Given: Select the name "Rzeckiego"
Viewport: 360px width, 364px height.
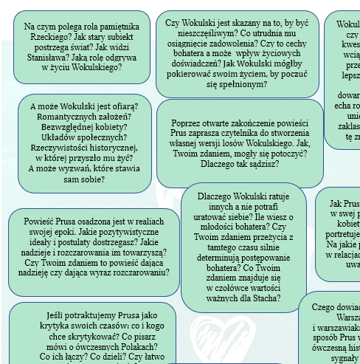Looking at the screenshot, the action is tap(43, 39).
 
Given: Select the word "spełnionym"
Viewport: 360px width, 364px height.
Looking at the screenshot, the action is tap(244, 84).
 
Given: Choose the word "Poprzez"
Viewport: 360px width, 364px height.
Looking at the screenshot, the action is tap(187, 123).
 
